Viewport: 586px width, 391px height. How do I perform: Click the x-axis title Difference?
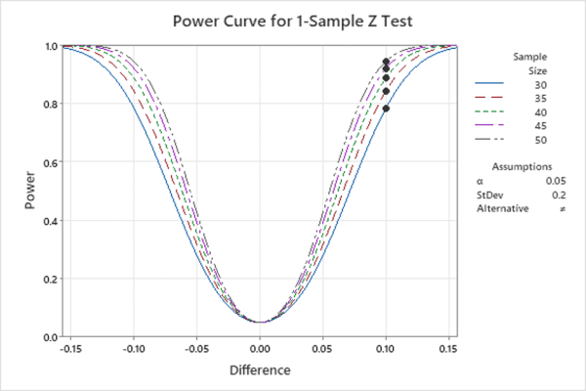click(x=260, y=371)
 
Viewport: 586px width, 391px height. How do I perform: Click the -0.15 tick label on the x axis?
click(x=70, y=348)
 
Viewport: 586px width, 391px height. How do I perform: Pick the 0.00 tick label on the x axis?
click(x=260, y=348)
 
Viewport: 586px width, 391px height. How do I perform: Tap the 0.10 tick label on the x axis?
click(x=386, y=348)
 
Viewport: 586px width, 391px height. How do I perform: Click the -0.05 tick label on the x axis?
click(x=196, y=348)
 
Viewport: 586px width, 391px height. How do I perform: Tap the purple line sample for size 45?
click(x=490, y=126)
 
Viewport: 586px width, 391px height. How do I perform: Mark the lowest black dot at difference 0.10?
click(x=386, y=109)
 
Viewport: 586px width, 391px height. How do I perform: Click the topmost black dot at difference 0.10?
click(x=386, y=63)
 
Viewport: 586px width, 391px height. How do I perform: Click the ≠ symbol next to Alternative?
click(x=563, y=208)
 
